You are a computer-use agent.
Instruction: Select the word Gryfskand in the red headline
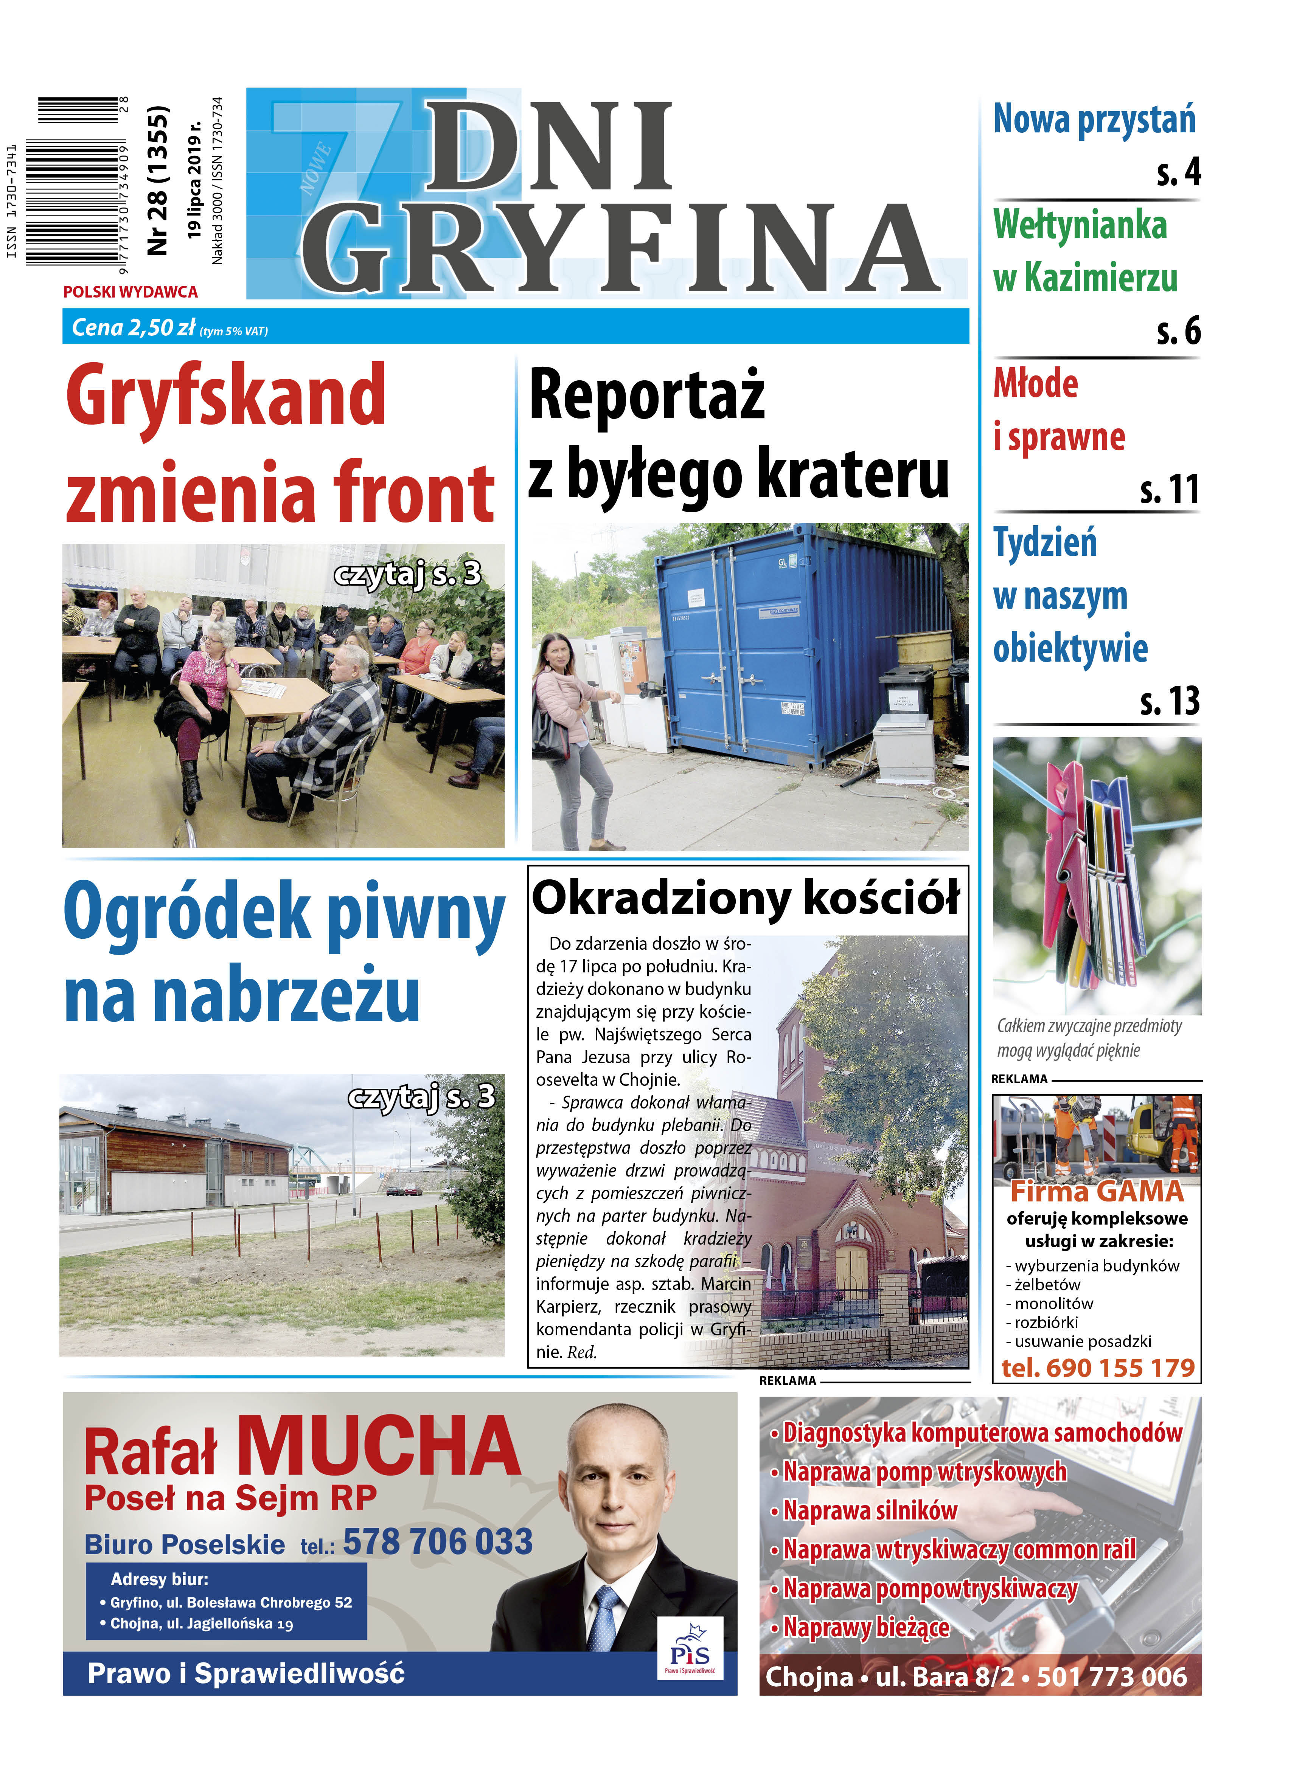coord(226,396)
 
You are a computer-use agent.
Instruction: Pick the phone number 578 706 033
coord(438,1541)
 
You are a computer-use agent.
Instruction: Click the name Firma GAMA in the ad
coord(1097,1191)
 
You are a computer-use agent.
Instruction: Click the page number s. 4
coord(1178,172)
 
